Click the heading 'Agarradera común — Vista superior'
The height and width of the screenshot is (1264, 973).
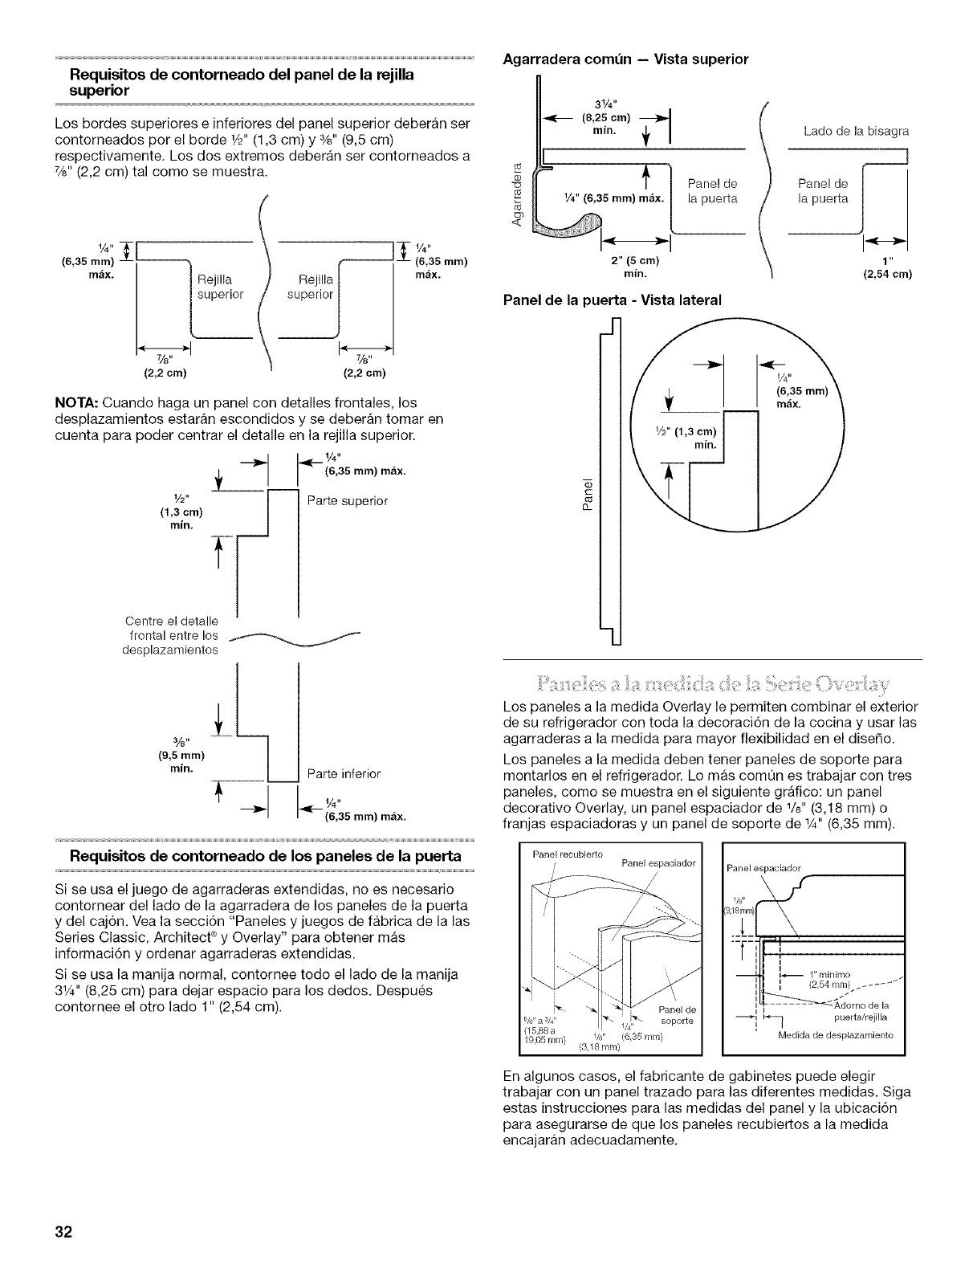(x=625, y=59)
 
